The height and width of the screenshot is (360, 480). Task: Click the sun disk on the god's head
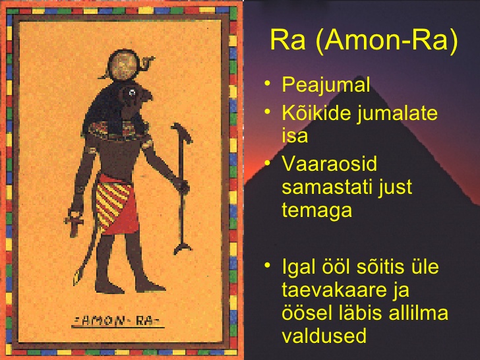tap(124, 66)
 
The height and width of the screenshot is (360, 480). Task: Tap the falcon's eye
tap(132, 92)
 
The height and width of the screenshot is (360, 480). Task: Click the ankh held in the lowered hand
tap(74, 223)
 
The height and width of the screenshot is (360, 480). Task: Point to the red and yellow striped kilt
tap(116, 204)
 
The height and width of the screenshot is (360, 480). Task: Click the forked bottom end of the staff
tap(183, 249)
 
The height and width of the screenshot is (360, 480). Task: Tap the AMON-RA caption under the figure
tap(118, 321)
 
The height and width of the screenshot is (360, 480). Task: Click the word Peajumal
tap(326, 84)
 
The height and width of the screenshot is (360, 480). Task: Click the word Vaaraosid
tap(330, 164)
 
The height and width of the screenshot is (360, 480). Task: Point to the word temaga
tap(316, 210)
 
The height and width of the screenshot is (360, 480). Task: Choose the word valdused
tap(324, 336)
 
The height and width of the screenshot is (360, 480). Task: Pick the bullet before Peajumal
tap(268, 83)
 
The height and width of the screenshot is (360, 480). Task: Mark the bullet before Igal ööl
tap(268, 265)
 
